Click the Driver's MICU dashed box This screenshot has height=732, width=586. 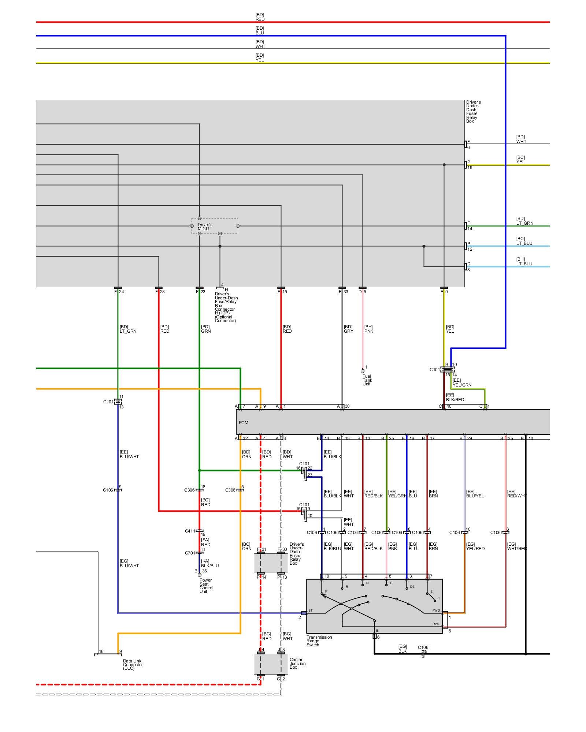(215, 226)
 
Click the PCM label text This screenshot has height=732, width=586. (244, 423)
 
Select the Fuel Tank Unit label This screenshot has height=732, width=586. (367, 380)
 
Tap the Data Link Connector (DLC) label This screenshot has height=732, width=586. (133, 665)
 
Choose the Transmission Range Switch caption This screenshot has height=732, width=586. (319, 641)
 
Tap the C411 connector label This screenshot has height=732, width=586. (190, 531)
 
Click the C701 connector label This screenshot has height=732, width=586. (190, 553)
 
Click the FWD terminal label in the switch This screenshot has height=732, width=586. (436, 610)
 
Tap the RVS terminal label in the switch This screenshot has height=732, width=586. (435, 624)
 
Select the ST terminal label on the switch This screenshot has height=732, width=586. (311, 610)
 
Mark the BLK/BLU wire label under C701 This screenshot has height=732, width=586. (209, 565)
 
